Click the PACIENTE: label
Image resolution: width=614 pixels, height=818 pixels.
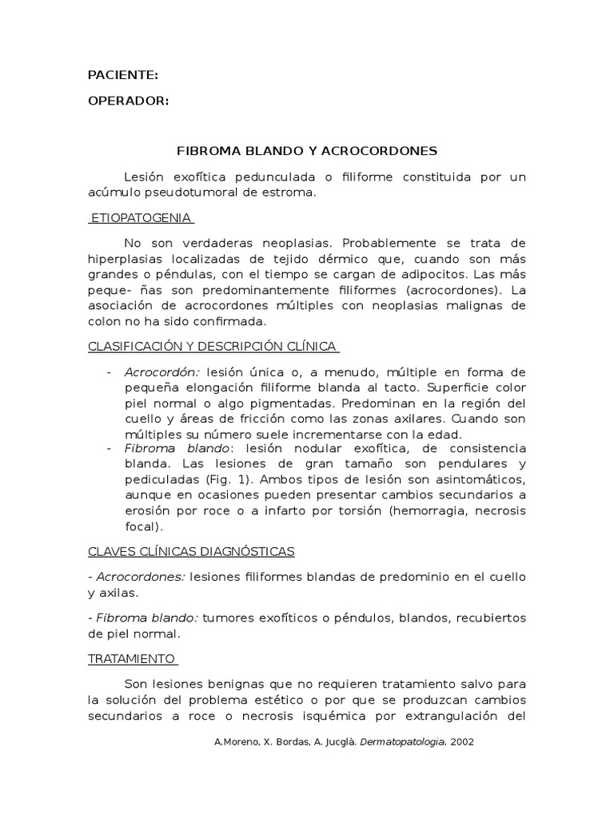pyautogui.click(x=122, y=75)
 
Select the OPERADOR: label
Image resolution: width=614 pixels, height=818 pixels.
pyautogui.click(x=128, y=101)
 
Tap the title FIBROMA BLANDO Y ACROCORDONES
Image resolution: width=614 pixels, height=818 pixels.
pyautogui.click(x=306, y=150)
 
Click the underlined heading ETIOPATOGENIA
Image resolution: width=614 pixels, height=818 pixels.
pyautogui.click(x=142, y=217)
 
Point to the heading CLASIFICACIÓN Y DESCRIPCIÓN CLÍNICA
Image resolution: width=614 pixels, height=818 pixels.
pyautogui.click(x=213, y=346)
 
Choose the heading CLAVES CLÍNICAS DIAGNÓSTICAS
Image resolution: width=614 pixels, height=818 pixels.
pyautogui.click(x=191, y=551)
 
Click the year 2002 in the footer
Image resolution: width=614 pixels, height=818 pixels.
pyautogui.click(x=462, y=741)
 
